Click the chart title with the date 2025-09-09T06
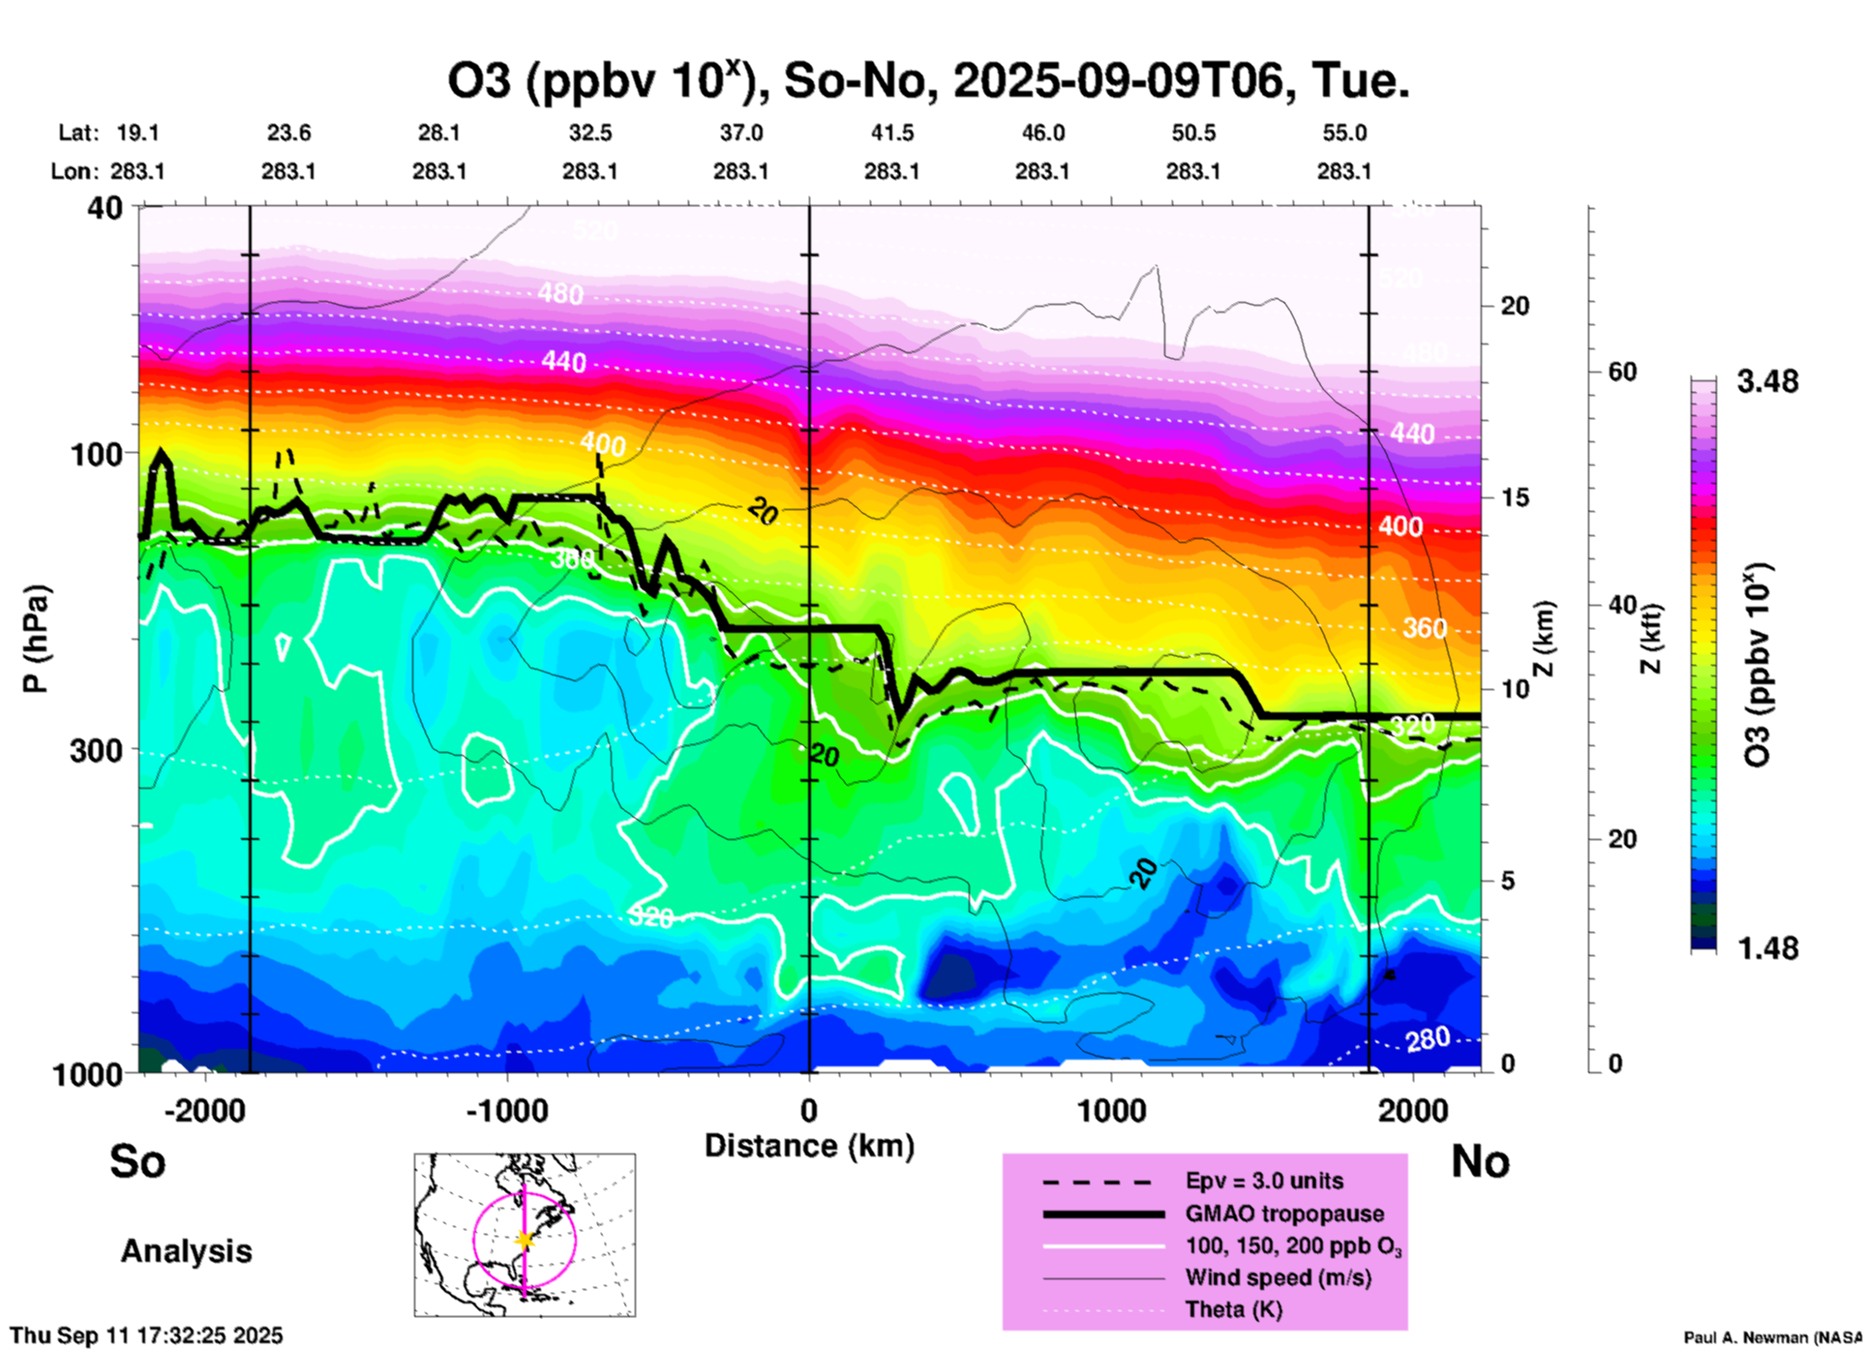click(927, 81)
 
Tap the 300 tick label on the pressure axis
click(96, 750)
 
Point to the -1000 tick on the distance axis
click(507, 1110)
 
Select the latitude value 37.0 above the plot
click(741, 133)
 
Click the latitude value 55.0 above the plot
click(1344, 133)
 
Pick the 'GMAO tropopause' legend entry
click(1284, 1214)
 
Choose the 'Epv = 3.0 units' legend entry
click(1264, 1181)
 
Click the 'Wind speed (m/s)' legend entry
click(1278, 1277)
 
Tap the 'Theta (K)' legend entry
click(1233, 1309)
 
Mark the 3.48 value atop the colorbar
click(1767, 381)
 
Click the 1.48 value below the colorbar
click(1767, 947)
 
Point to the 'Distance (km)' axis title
click(809, 1146)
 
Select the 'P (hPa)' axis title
click(36, 639)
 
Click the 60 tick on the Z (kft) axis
click(1622, 372)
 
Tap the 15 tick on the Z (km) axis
click(1515, 497)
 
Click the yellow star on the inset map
click(525, 1240)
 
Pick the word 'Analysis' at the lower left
click(186, 1251)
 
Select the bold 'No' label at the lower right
click(1480, 1161)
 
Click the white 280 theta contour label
click(1428, 1039)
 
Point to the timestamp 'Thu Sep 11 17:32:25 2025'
click(147, 1335)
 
